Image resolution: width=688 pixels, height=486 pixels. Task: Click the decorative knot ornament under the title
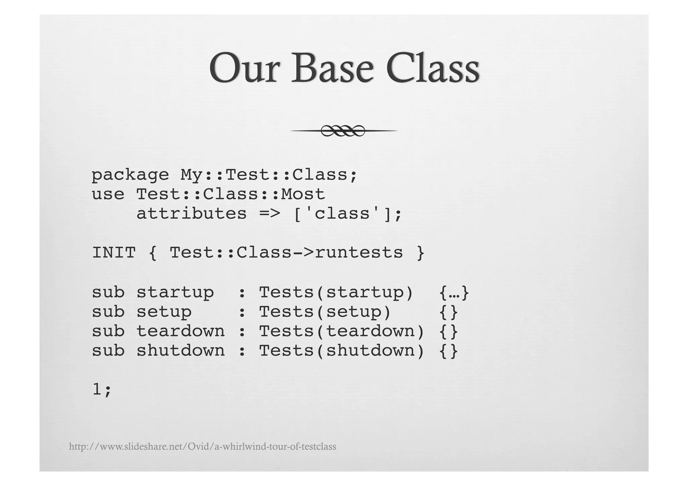[343, 130]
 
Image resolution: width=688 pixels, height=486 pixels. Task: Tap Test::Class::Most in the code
[231, 194]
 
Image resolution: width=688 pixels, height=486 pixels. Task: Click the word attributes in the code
[191, 214]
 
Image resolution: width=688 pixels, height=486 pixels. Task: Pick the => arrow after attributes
[270, 214]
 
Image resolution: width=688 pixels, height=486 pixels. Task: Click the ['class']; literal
[348, 214]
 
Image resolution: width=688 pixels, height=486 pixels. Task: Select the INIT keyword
[114, 253]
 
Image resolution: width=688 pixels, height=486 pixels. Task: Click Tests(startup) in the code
[336, 292]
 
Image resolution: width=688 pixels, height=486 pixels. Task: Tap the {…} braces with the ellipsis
[454, 293]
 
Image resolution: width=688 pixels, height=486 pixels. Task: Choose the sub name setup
[164, 312]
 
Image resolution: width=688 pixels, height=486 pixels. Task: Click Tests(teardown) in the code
[342, 331]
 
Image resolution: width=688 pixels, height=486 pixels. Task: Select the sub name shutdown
[181, 351]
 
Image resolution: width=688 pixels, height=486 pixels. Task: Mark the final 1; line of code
[101, 390]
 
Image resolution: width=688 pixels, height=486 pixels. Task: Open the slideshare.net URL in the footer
[203, 447]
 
